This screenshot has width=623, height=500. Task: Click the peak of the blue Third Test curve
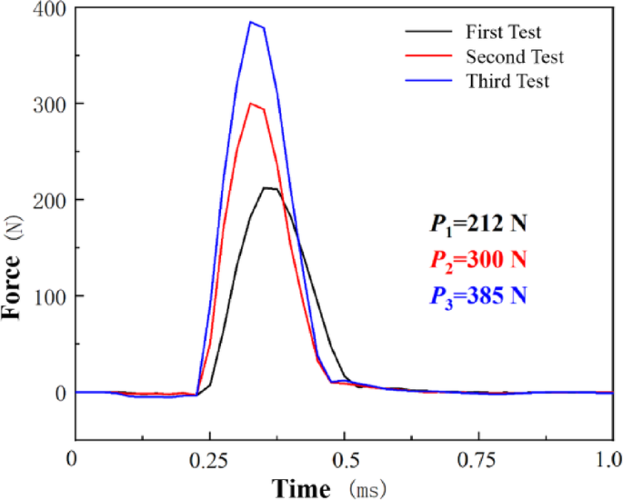click(x=252, y=23)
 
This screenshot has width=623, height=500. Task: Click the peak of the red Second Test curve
click(x=252, y=104)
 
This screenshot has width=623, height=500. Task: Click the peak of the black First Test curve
click(x=266, y=188)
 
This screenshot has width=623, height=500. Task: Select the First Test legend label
click(x=503, y=34)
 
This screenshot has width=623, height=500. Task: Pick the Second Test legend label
click(x=514, y=57)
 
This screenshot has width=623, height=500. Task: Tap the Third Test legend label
click(x=507, y=81)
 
